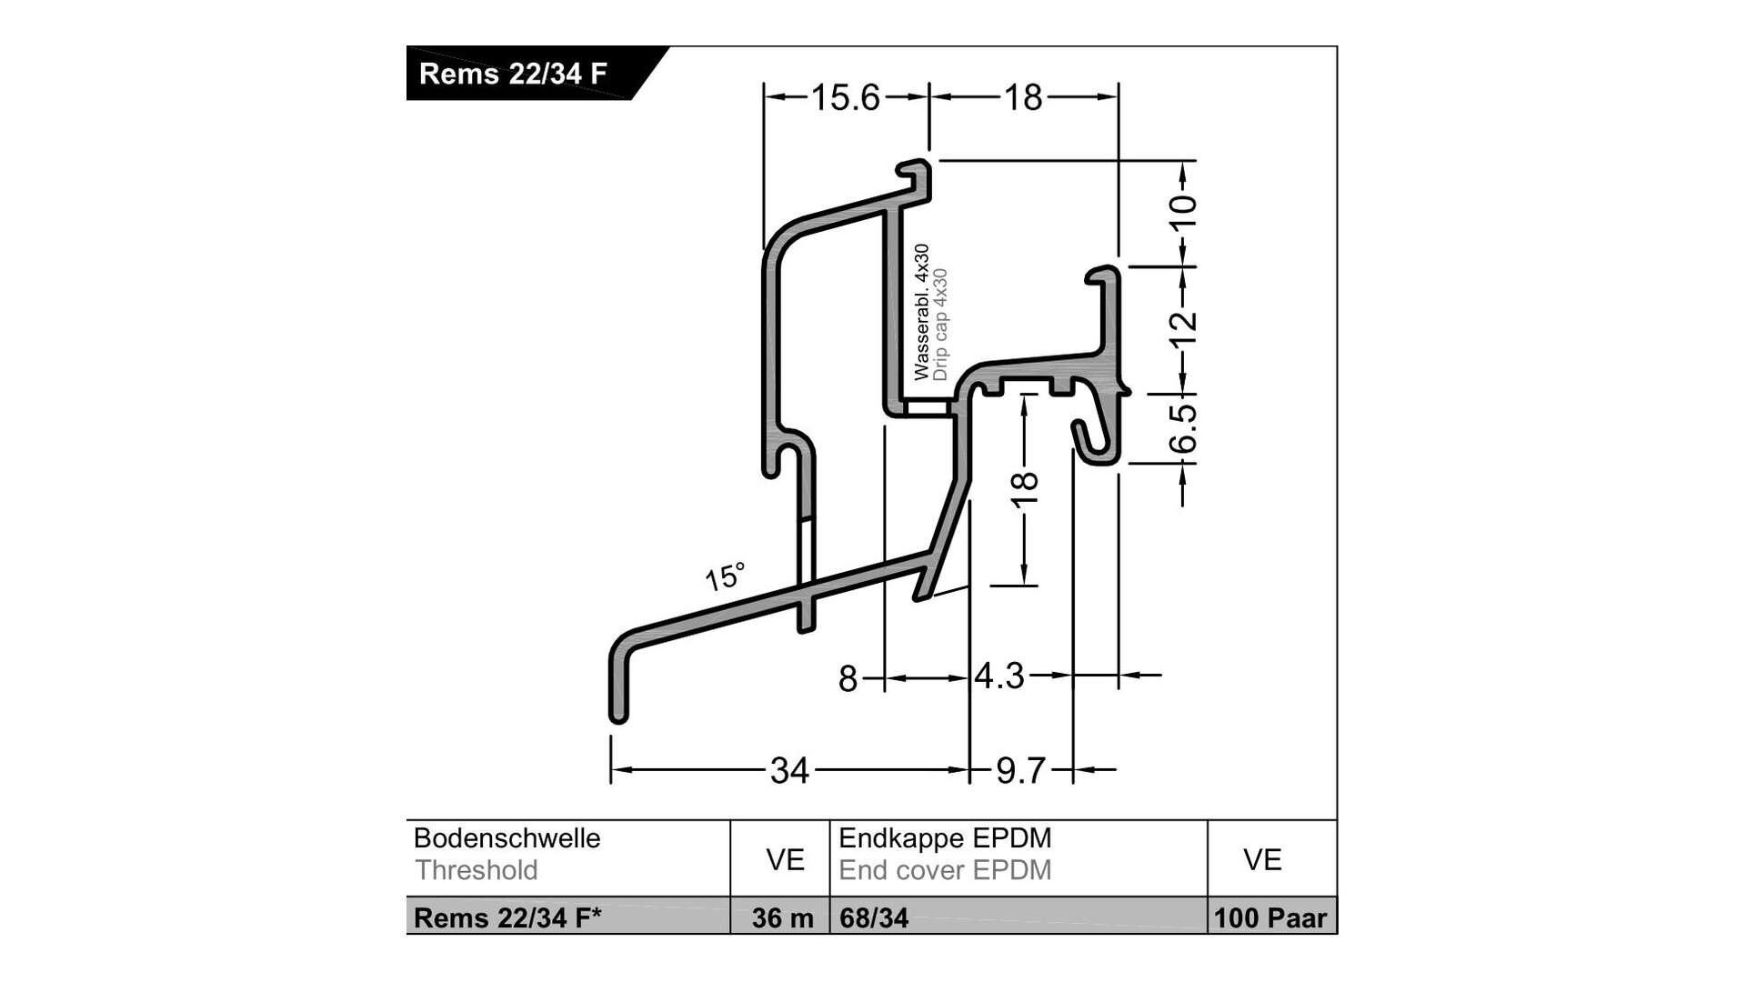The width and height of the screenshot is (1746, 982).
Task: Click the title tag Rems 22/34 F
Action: point(512,74)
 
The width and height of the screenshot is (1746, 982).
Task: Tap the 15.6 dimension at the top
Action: point(845,97)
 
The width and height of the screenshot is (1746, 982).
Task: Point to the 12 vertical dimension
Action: point(1183,328)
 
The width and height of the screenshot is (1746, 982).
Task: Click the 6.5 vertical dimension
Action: point(1183,428)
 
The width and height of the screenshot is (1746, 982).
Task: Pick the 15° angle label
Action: point(725,576)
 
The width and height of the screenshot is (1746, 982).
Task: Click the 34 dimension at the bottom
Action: point(788,771)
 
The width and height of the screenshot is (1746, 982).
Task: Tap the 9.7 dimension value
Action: point(1020,771)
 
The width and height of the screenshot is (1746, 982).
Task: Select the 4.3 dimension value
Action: point(999,676)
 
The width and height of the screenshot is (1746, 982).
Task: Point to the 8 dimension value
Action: point(848,678)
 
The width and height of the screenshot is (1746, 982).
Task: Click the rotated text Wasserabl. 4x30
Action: point(922,312)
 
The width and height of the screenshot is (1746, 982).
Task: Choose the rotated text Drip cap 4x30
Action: point(940,325)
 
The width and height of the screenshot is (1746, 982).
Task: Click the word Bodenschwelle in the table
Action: point(507,837)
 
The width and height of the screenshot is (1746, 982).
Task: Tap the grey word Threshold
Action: point(476,870)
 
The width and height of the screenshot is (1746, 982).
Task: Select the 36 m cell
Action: point(782,918)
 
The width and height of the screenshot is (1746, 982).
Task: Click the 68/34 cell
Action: point(873,918)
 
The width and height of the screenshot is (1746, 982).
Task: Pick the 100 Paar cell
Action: point(1270,918)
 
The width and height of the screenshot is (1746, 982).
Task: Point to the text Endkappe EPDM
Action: point(945,837)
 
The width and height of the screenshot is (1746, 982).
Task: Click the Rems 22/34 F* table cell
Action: point(507,918)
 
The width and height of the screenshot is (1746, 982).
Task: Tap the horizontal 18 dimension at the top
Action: point(1023,97)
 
